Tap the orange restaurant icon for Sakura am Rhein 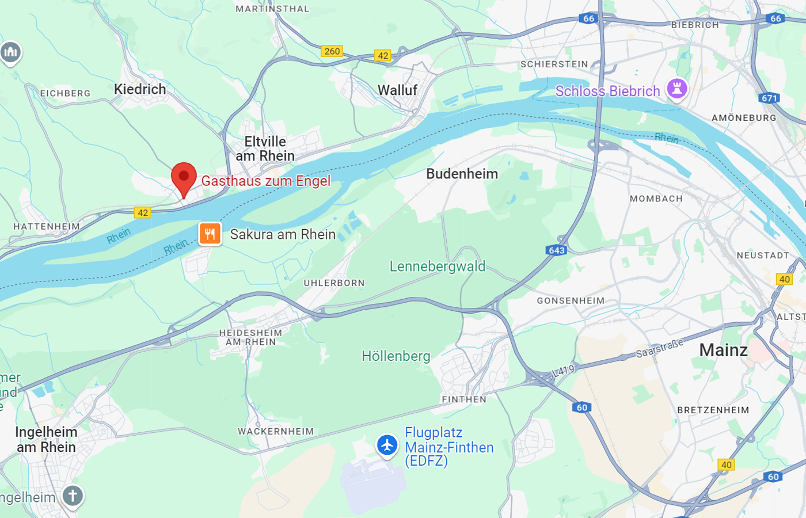tap(210, 234)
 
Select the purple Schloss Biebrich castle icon tap(676, 89)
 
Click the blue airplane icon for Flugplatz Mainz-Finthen tap(387, 445)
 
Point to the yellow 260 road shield tap(332, 51)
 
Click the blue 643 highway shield tap(556, 250)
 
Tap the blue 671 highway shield tap(769, 98)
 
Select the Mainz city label tap(723, 349)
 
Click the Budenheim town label tap(462, 174)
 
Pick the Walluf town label tap(397, 90)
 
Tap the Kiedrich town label tap(140, 89)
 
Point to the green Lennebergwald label tap(438, 266)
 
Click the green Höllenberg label tap(396, 356)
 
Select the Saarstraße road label tap(660, 348)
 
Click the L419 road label tap(564, 371)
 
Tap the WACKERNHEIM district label tap(276, 431)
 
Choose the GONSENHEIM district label tap(571, 300)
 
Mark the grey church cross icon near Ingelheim tap(73, 496)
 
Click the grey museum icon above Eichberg tap(10, 53)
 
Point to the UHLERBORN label tap(334, 283)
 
